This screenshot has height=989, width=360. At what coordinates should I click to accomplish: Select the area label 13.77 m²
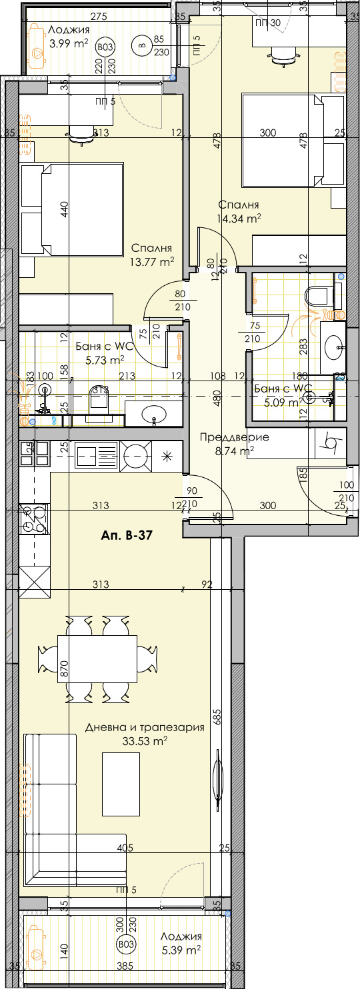click(152, 261)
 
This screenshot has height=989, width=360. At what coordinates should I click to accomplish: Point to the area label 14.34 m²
click(239, 217)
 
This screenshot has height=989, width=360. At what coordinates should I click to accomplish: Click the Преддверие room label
click(235, 438)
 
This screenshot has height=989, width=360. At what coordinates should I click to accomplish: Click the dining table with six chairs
click(97, 659)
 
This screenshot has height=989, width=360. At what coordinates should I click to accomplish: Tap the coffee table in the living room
click(121, 784)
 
